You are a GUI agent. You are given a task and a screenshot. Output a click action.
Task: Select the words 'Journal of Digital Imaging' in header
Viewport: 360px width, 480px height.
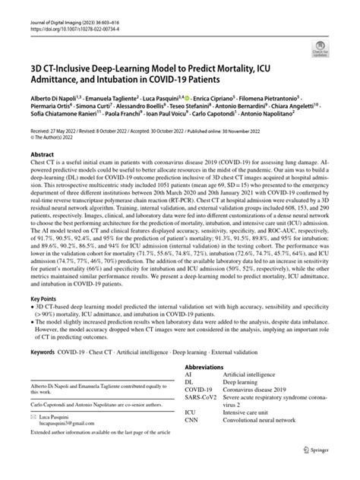coord(47,7)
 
